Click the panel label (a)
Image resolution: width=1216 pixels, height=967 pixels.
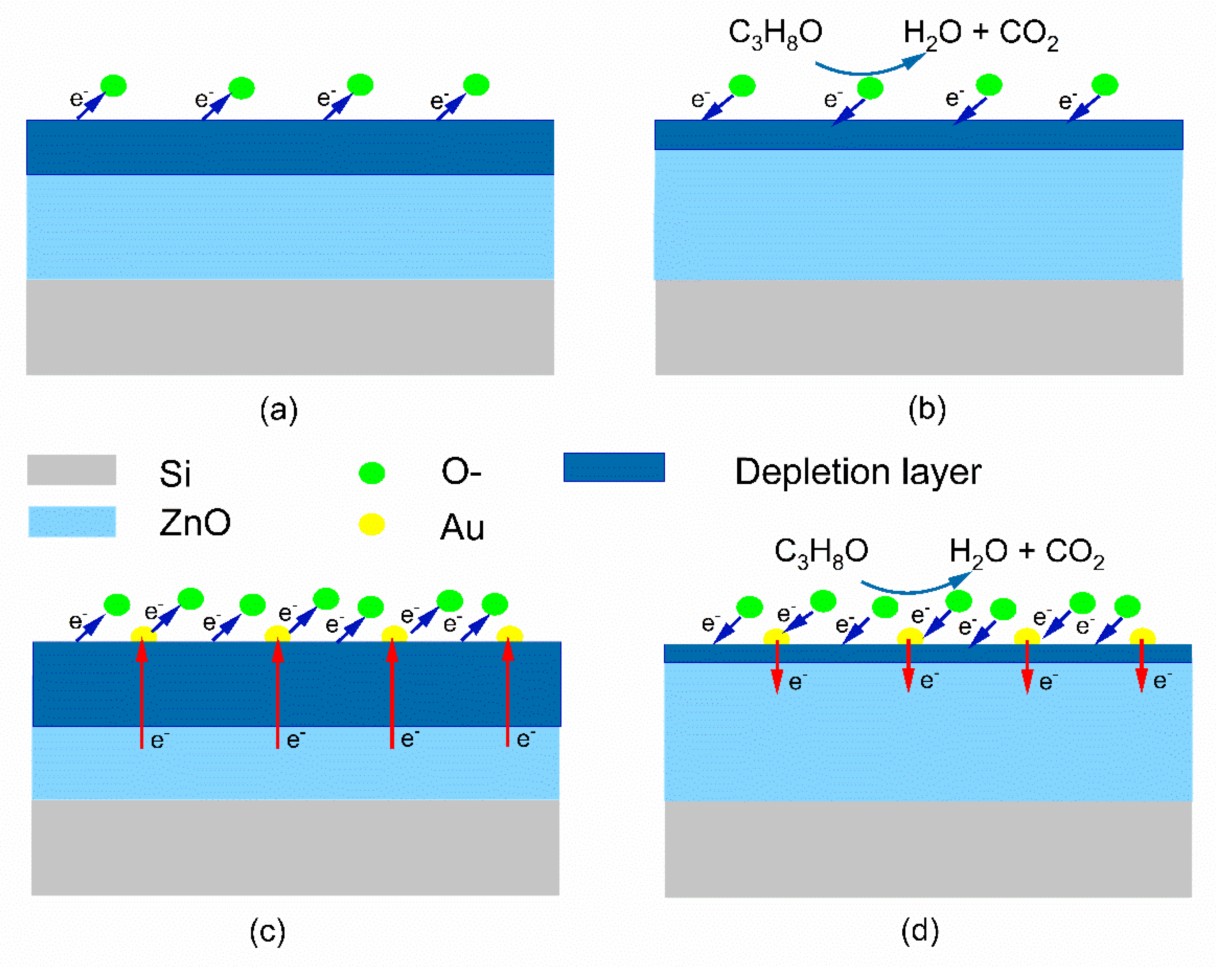click(279, 410)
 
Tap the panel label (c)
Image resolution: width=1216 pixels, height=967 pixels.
click(267, 931)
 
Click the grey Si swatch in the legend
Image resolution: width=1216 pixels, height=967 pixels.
click(72, 469)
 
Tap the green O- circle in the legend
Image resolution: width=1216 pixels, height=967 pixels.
click(372, 473)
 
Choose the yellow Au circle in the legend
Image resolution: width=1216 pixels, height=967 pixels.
click(372, 524)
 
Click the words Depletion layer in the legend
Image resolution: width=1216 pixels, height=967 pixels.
click(858, 472)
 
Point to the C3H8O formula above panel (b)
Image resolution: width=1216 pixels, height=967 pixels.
click(775, 34)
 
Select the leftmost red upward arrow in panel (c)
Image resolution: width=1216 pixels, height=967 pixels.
click(142, 694)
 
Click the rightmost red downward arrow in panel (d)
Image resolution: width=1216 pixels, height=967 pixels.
click(1142, 666)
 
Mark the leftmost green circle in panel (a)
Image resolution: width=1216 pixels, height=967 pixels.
click(114, 86)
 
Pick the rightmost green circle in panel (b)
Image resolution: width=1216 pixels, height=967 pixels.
click(1105, 85)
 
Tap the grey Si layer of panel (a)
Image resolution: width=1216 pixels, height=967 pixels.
click(290, 327)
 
